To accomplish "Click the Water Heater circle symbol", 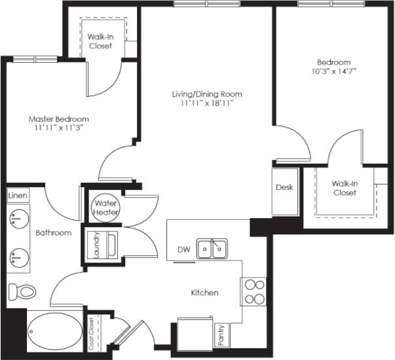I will tap(104, 207).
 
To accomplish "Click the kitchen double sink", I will tap(213, 249).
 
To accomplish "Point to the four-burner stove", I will tap(254, 292).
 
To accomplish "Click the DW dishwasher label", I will tap(183, 249).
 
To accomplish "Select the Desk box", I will tap(284, 187).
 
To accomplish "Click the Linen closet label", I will tap(17, 196).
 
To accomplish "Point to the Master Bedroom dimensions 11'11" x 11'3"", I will tap(58, 128).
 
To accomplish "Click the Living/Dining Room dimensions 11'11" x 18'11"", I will tap(207, 103).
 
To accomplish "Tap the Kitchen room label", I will tap(205, 293).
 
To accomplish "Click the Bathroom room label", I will tap(53, 232).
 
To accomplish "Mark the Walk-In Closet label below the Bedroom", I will tap(344, 189).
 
